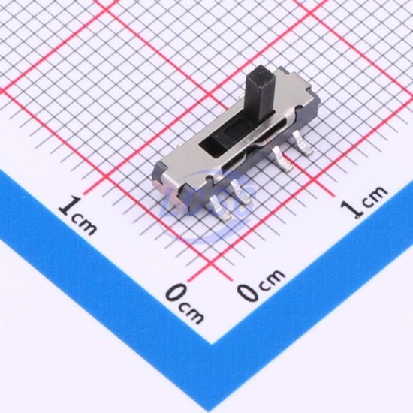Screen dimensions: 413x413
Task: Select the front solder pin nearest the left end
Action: coord(221,210)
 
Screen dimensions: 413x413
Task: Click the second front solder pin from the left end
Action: coord(241,192)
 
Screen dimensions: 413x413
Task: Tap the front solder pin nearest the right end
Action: coord(303,143)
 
